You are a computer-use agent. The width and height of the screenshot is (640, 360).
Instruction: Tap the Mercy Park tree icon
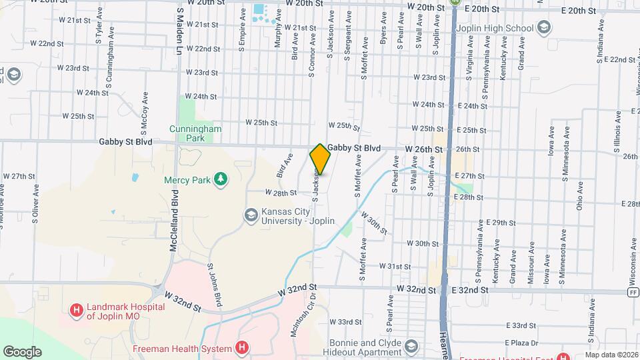pyautogui.click(x=220, y=179)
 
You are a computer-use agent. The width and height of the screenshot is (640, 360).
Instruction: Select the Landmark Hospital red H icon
pyautogui.click(x=77, y=310)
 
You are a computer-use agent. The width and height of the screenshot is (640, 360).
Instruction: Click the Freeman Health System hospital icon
pyautogui.click(x=243, y=348)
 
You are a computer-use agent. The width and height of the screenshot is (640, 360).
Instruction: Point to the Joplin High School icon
pyautogui.click(x=545, y=28)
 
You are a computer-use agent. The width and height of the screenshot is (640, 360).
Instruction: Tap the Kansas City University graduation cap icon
pyautogui.click(x=251, y=214)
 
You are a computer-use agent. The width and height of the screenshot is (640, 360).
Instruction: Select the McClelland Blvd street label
pyautogui.click(x=174, y=221)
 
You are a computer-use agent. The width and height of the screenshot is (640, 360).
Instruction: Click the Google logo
pyautogui.click(x=23, y=352)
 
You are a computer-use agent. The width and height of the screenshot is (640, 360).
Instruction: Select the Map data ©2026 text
pyautogui.click(x=611, y=355)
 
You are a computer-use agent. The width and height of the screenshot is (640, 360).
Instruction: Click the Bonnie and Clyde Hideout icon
pyautogui.click(x=412, y=346)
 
